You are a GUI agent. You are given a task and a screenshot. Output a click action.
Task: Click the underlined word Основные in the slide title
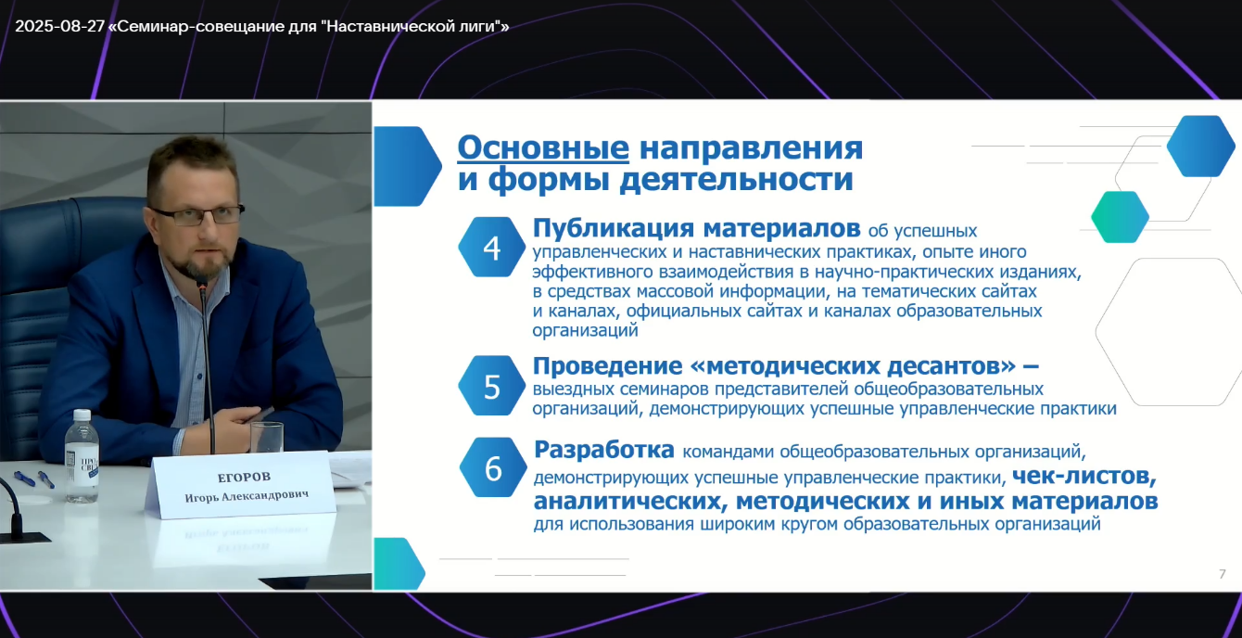(x=543, y=148)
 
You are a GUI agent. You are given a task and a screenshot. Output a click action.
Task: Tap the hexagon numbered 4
(x=492, y=247)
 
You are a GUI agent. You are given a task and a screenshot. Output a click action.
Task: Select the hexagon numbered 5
(x=492, y=386)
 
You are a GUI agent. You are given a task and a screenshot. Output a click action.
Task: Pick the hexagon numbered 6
(x=493, y=467)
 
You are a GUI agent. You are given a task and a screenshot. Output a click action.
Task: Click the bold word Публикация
(x=614, y=228)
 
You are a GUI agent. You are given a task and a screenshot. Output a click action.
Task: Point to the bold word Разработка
(x=604, y=450)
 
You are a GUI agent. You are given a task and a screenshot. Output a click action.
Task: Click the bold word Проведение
(x=608, y=366)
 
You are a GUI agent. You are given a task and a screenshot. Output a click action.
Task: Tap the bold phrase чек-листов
(x=1084, y=476)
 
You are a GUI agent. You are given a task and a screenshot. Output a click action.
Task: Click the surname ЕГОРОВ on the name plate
(x=244, y=477)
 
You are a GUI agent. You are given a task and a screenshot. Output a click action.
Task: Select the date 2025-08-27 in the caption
(x=60, y=26)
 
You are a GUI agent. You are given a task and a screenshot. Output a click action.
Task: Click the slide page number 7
(x=1222, y=574)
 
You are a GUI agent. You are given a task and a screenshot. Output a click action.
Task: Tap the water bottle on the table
(x=82, y=455)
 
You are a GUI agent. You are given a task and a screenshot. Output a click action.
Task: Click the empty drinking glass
(x=267, y=438)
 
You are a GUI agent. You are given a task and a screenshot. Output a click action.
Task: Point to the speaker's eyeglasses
(x=198, y=215)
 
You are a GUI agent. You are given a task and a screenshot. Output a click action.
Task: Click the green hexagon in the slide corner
(x=1120, y=217)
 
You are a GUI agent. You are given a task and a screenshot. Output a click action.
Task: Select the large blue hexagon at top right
(x=1201, y=146)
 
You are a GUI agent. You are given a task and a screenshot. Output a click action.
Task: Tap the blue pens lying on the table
(x=34, y=478)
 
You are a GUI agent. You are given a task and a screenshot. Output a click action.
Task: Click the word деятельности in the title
(x=736, y=179)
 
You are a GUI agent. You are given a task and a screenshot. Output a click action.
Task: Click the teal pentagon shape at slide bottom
(x=399, y=564)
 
